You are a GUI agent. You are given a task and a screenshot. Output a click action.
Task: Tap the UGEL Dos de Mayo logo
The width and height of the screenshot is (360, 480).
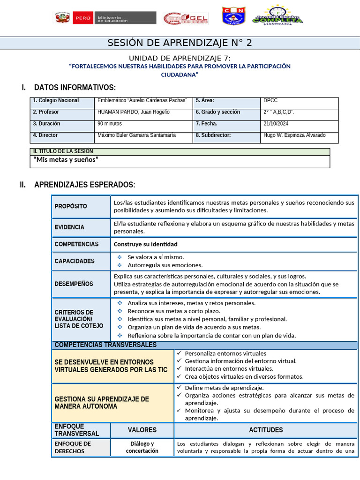tap(186, 18)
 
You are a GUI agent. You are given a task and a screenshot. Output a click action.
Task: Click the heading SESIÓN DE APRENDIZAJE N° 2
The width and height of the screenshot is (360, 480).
tap(180, 43)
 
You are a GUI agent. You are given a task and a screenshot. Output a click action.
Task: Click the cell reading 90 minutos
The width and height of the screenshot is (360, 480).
tap(110, 124)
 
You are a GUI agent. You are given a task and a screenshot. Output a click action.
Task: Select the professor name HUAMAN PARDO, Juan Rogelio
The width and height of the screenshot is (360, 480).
tap(134, 112)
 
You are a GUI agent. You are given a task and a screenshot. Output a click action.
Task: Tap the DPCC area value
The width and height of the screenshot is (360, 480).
tap(271, 100)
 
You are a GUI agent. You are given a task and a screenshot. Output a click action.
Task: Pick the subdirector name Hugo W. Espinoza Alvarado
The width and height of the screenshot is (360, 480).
tap(294, 135)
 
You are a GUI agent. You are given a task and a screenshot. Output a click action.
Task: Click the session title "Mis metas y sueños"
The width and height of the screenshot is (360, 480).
tap(66, 160)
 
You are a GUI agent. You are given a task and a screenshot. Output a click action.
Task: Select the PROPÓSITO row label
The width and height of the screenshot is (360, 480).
tap(71, 207)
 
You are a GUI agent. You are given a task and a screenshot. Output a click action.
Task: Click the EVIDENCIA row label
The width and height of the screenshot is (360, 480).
tap(69, 227)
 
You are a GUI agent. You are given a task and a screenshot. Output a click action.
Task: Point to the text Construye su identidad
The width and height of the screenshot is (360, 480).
tap(146, 244)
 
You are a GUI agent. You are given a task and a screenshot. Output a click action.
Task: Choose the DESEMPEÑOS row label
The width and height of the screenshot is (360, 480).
tap(74, 284)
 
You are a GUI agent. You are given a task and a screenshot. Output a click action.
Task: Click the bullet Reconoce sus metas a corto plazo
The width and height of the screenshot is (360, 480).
tap(174, 311)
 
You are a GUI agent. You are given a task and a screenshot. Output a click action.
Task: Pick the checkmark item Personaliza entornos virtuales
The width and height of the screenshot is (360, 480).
tap(225, 353)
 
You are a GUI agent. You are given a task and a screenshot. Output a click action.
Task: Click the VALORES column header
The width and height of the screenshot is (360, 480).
tap(142, 430)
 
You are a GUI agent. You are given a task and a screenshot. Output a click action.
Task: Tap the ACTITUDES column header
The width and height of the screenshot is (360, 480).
tap(266, 430)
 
